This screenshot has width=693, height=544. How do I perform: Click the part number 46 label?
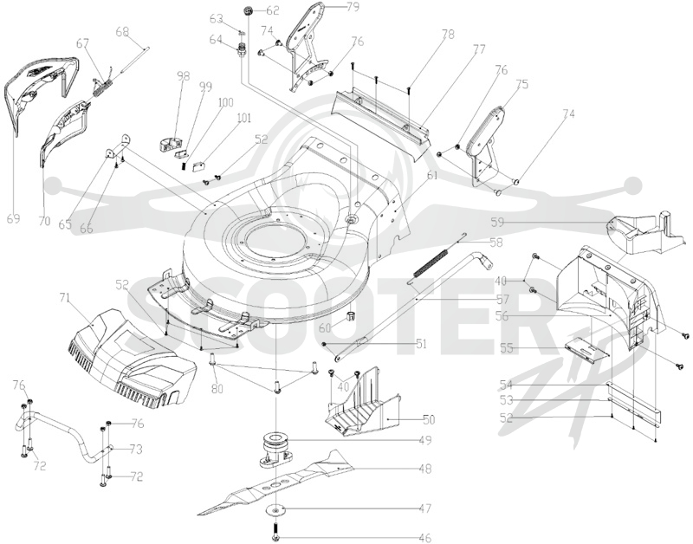pos(424,538)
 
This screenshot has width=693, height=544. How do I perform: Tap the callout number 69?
pos(13,218)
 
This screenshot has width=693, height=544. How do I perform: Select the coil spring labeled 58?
pos(431,264)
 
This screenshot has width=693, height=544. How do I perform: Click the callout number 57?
pos(503,300)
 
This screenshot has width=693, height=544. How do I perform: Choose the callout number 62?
pos(273,10)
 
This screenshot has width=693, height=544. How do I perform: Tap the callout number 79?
pos(353,7)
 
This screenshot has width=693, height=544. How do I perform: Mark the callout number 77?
pos(479,49)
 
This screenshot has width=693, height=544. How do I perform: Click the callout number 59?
pos(497,222)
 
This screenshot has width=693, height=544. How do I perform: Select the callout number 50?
pos(429,419)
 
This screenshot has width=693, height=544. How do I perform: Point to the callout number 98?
pos(183,76)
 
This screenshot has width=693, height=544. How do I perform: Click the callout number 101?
pos(243,119)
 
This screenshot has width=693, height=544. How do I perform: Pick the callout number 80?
pos(217,389)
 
